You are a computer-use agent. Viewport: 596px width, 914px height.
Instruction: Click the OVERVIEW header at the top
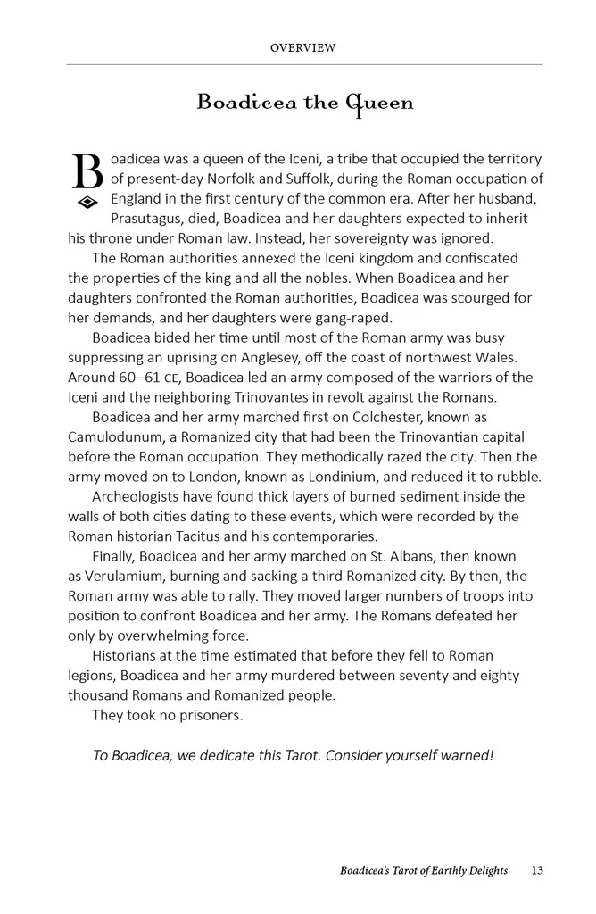click(x=302, y=48)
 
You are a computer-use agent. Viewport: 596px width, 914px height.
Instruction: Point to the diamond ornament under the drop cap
click(x=87, y=203)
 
